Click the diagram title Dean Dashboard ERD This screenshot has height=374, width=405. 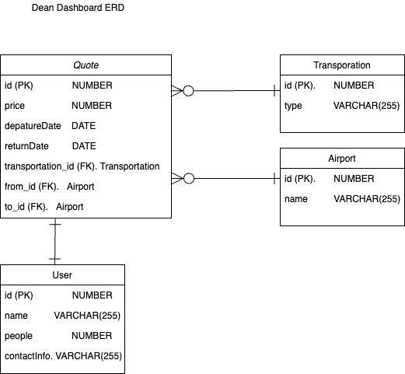(x=78, y=9)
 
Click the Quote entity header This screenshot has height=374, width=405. (x=86, y=65)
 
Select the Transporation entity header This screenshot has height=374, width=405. (x=342, y=65)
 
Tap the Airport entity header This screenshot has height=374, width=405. (x=342, y=159)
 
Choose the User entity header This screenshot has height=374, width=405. (x=62, y=275)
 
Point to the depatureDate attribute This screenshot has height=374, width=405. (x=34, y=126)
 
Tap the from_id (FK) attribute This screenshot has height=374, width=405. (x=31, y=187)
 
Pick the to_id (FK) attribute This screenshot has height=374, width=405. (x=26, y=207)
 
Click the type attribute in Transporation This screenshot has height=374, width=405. (x=293, y=106)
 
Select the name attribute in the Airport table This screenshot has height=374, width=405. (x=296, y=199)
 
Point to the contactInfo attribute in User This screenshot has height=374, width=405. (x=28, y=356)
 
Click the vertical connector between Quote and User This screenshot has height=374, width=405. (x=54, y=241)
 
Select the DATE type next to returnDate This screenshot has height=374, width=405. (x=84, y=146)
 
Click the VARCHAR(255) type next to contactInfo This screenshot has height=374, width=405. (x=88, y=356)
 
